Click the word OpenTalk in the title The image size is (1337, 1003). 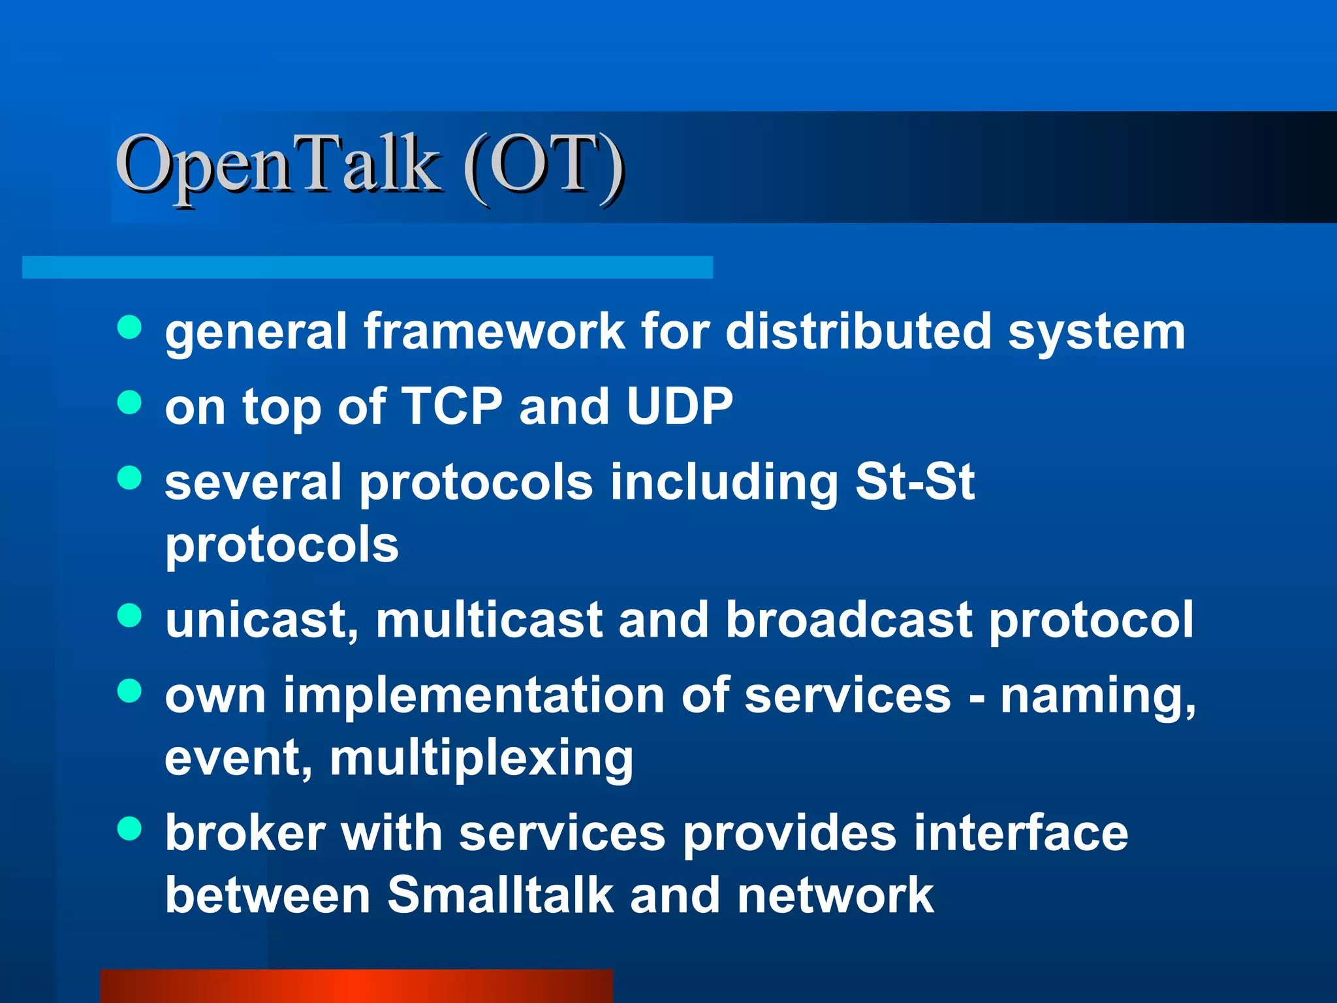[x=277, y=165]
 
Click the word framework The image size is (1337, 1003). [x=494, y=331]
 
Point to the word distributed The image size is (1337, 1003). [x=858, y=331]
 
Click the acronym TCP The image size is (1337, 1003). [x=451, y=406]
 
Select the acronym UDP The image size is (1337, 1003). [x=679, y=406]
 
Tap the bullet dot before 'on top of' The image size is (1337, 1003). [x=129, y=402]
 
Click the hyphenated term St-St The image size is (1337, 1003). [x=915, y=482]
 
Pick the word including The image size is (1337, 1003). [x=724, y=483]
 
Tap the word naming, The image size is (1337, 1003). [x=1097, y=696]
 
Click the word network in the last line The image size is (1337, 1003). [x=835, y=895]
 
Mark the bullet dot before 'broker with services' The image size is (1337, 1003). [x=129, y=829]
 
